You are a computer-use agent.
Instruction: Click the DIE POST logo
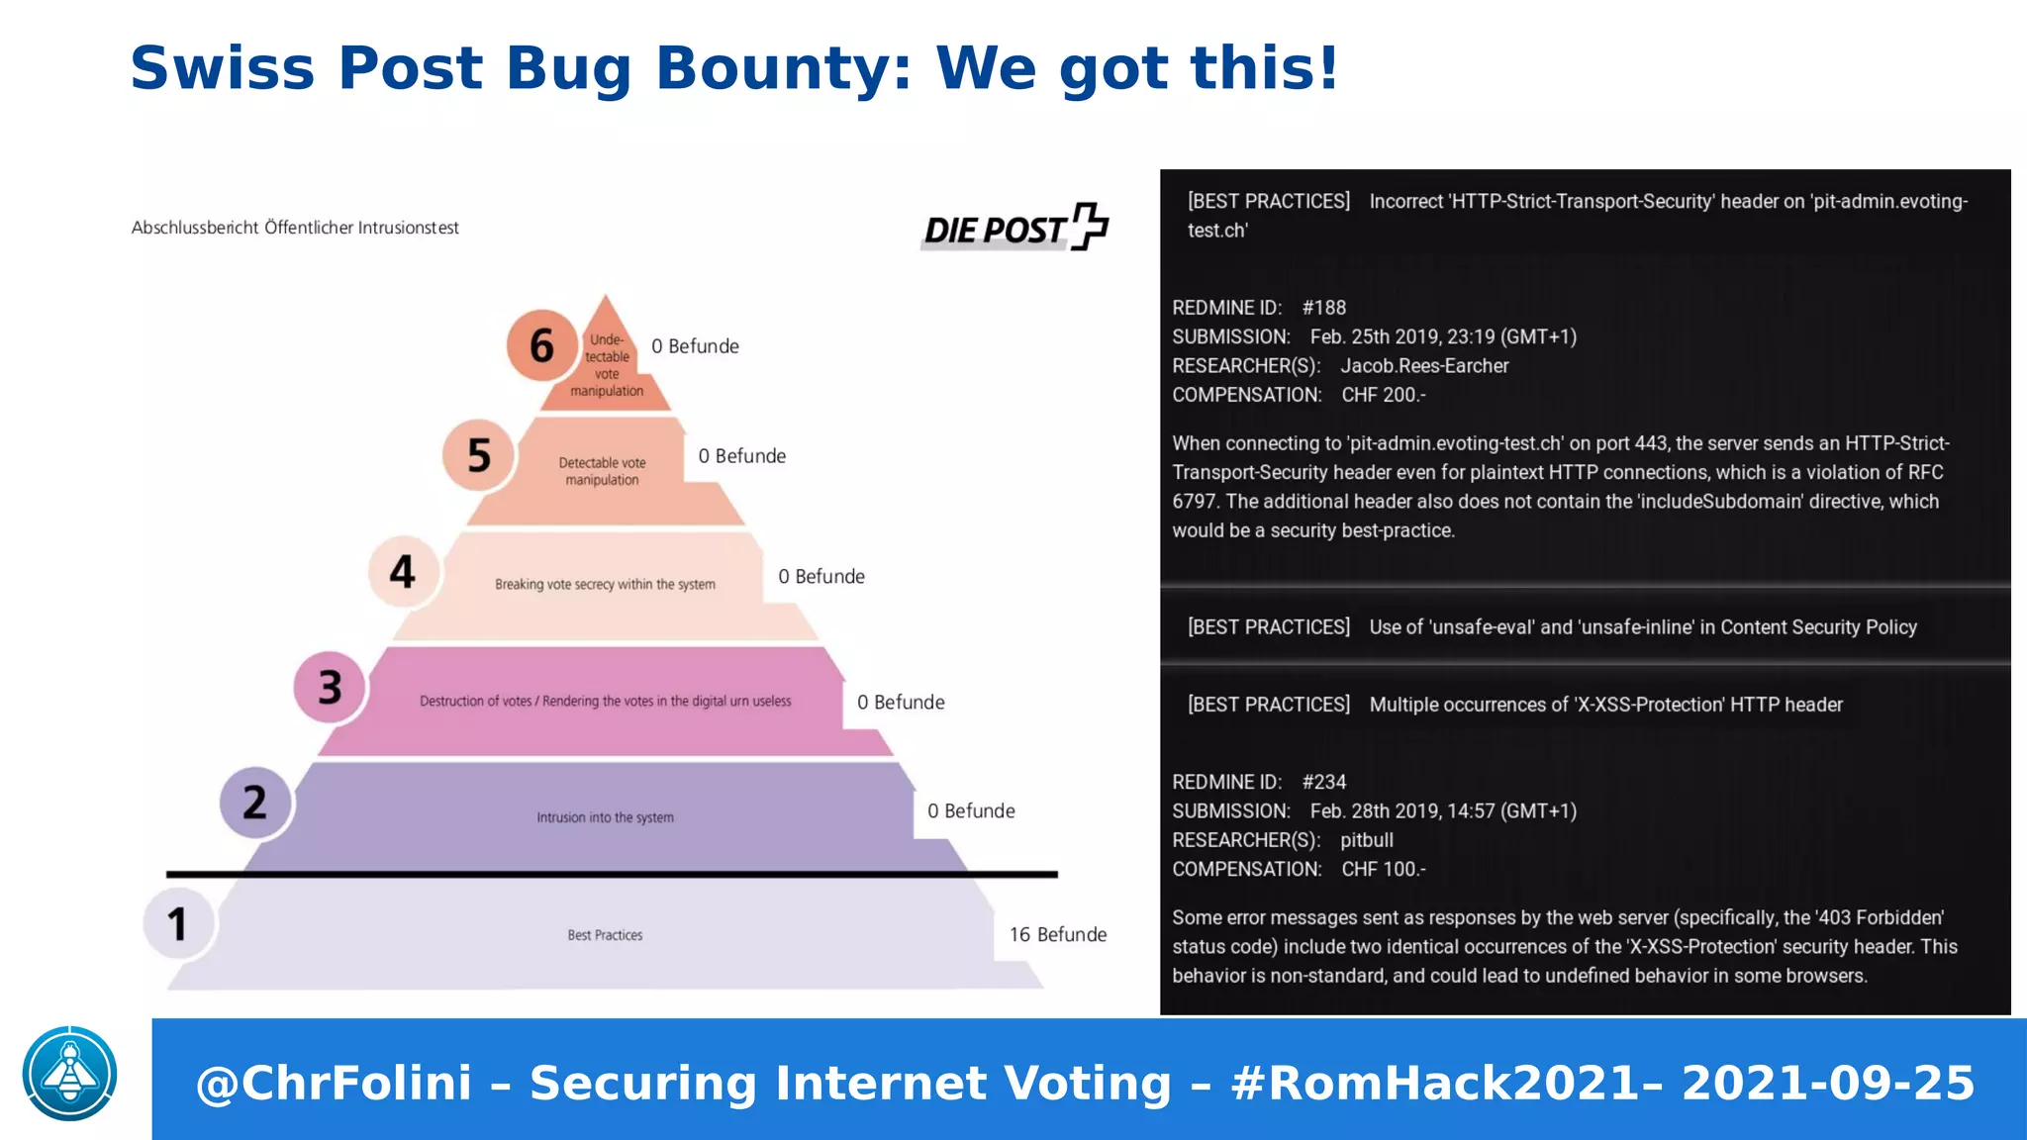coord(1015,228)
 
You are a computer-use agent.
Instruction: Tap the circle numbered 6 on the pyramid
coord(541,345)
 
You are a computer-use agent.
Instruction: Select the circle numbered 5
coord(478,455)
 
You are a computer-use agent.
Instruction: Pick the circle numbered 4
coord(403,571)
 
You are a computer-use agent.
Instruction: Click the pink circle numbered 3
coord(330,687)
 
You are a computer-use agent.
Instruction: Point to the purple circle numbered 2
coord(254,802)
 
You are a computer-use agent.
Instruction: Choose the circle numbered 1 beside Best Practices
coord(178,923)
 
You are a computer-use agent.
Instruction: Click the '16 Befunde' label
coord(1057,934)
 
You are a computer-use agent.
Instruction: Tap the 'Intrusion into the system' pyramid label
coord(605,817)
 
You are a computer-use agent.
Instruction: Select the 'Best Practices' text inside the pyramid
coord(605,935)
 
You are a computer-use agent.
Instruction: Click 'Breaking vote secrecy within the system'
coord(605,584)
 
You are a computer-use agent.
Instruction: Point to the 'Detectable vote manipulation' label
coord(602,471)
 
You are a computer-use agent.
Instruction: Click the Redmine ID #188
coord(1324,308)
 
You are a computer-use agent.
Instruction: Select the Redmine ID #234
coord(1324,782)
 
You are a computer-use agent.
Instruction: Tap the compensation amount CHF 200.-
coord(1384,395)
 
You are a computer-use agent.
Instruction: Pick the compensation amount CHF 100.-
coord(1384,869)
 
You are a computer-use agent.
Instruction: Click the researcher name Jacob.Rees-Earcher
coord(1424,366)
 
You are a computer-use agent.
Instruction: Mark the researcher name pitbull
coord(1367,840)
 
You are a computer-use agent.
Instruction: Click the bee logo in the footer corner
coord(70,1074)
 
